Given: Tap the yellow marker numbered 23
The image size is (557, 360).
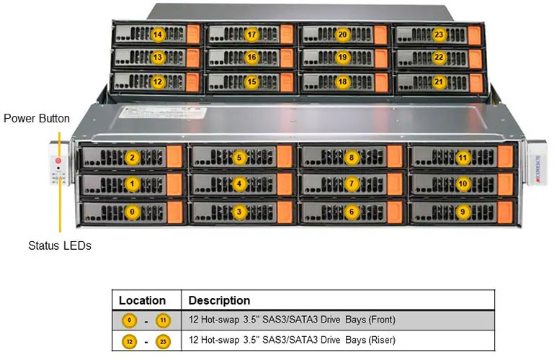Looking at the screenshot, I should pos(439,35).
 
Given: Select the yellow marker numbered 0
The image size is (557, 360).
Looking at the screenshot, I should pos(131,211).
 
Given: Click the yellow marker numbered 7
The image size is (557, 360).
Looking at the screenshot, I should pos(352,184).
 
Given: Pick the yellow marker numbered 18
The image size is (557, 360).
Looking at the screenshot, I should pos(342,82).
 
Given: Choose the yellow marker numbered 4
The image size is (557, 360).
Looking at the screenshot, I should pos(240,184).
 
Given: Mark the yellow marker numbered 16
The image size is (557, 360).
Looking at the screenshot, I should pos(251,58).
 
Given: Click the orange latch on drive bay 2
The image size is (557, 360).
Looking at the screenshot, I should pos(174,158).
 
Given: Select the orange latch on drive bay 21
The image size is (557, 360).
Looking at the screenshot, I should pos(473,82).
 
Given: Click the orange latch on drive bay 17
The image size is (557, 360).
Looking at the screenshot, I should pos(286,35).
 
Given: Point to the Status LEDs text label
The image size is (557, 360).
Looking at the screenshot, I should pos(60,246).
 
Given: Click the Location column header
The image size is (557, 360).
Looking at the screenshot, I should pos(142,300).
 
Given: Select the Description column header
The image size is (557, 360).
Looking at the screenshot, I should pos(219,300).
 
